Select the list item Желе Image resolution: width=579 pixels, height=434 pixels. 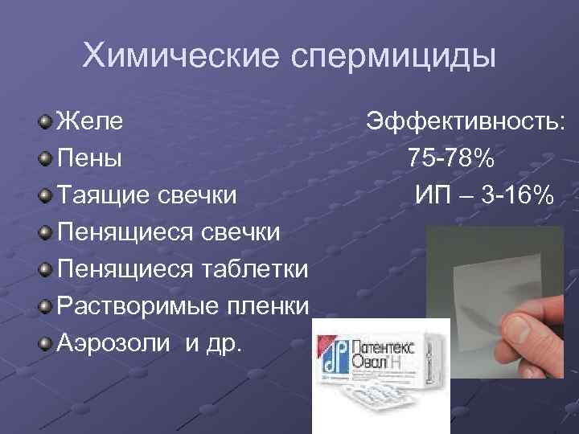90,122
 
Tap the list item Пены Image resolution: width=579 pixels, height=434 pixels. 90,159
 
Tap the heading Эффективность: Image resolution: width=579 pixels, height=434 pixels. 466,122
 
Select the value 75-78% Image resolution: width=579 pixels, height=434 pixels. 450,159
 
